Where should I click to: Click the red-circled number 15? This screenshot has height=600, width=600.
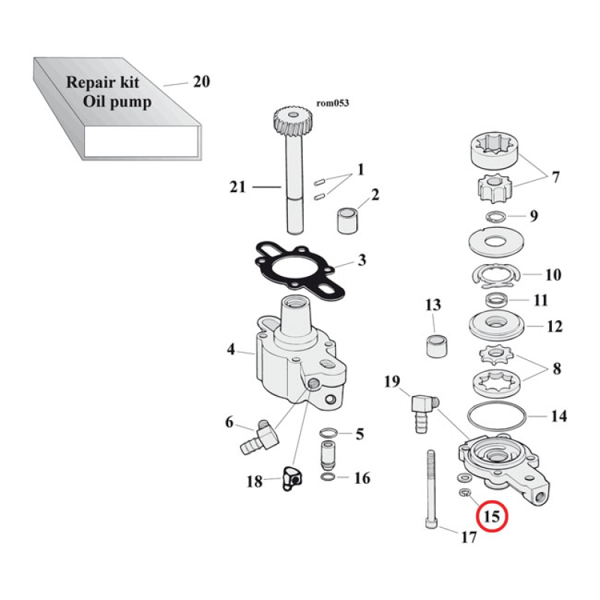[492, 517]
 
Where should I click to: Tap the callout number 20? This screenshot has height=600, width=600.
[201, 82]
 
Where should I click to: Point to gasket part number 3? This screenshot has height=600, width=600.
[361, 260]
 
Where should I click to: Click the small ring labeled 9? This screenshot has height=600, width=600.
[494, 217]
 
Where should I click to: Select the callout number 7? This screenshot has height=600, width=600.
[555, 178]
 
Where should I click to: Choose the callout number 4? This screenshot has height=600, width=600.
[232, 349]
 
